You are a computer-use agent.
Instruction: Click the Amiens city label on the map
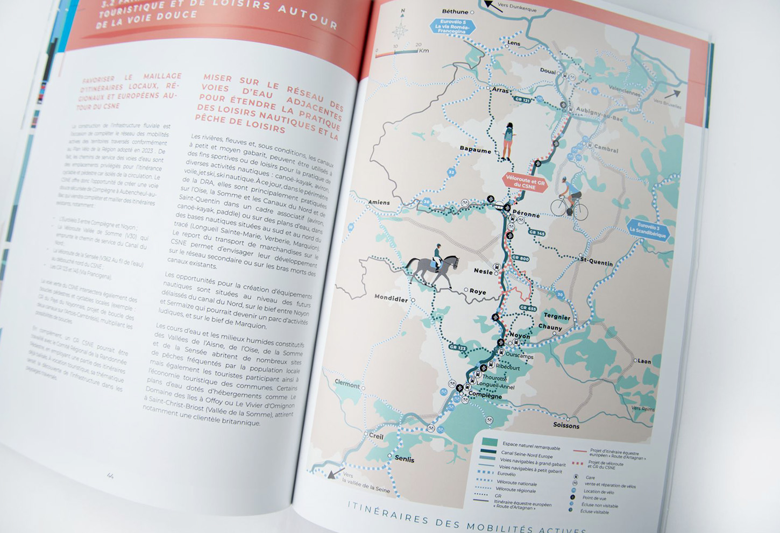coord(379,203)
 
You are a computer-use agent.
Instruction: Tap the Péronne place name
coord(526,214)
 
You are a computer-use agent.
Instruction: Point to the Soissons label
coord(566,425)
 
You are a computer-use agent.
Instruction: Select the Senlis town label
coord(405,459)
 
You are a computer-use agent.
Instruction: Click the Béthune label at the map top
coord(455,11)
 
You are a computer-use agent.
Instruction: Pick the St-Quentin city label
coord(597,262)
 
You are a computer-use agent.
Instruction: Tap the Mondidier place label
coord(391,298)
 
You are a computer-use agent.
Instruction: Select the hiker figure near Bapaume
coord(507,141)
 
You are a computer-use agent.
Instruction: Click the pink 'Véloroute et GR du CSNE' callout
coord(525,183)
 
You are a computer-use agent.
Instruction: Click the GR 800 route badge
coord(520,258)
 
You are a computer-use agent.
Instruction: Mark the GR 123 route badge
coord(457,348)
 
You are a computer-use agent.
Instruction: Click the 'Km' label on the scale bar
coord(424,51)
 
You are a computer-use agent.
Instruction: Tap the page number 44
coord(110,475)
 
